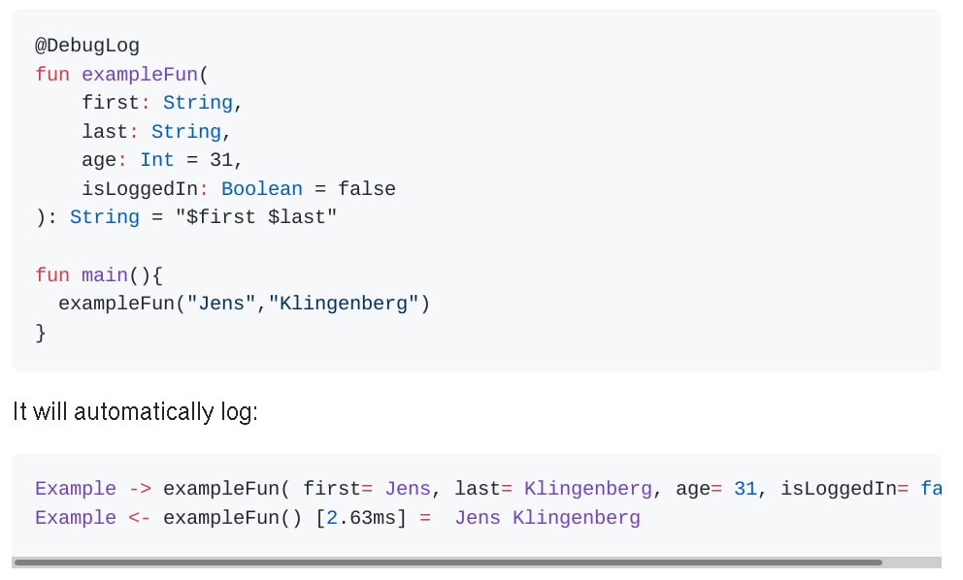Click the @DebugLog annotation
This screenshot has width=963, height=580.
87,46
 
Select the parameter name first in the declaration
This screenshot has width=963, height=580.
111,103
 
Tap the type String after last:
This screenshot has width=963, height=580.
185,132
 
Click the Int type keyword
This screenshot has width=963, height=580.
156,160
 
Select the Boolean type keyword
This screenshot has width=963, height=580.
261,189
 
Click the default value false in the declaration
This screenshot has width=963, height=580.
366,189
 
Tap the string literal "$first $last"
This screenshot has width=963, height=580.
255,217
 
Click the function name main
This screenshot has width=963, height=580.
105,275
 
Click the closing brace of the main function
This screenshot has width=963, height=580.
41,333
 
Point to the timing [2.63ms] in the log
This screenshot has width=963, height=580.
360,518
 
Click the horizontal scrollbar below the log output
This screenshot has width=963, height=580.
447,563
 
